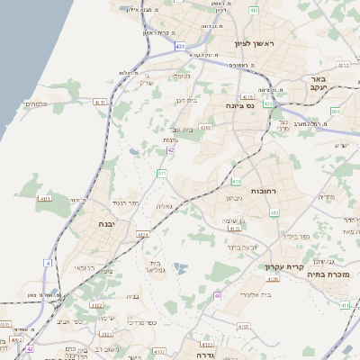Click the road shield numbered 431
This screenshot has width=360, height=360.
pyautogui.click(x=181, y=45)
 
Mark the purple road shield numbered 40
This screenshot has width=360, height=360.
pyautogui.click(x=218, y=295)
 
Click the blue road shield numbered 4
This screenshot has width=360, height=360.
pyautogui.click(x=47, y=262)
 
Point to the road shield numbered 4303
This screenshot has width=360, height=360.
pyautogui.click(x=206, y=129)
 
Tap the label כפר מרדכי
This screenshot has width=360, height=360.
pyautogui.click(x=141, y=321)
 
